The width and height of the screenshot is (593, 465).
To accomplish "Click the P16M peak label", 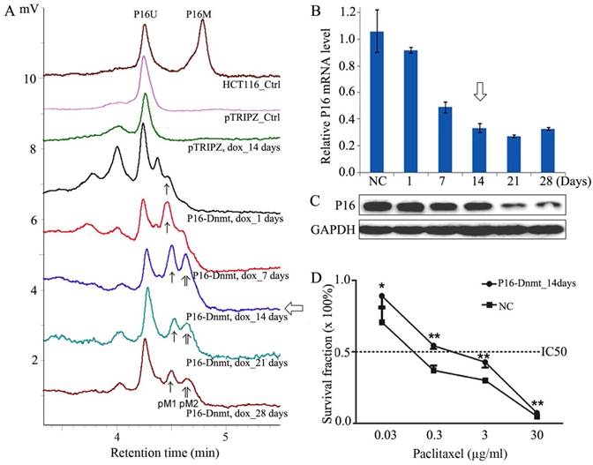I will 202,15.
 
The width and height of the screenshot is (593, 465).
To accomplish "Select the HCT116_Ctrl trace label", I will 251,83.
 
